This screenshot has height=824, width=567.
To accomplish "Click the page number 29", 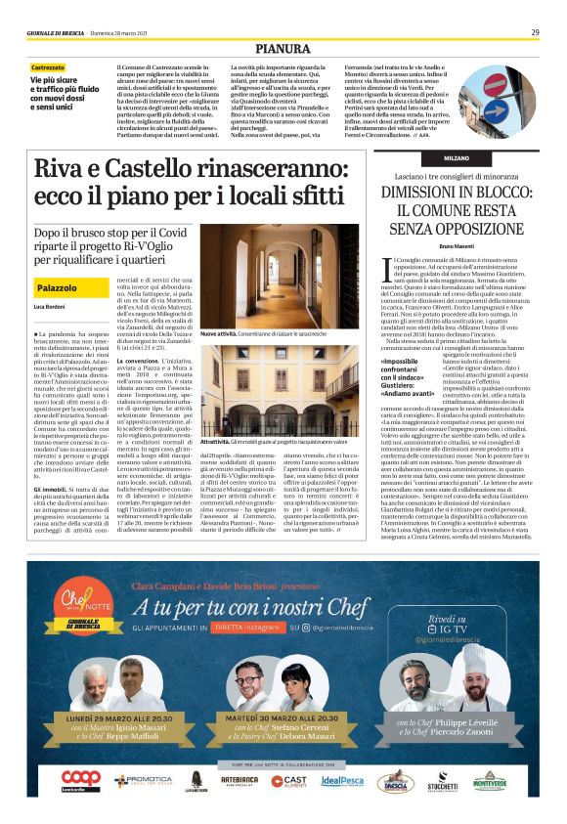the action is tap(535, 32).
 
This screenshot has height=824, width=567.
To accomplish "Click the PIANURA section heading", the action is tap(283, 47).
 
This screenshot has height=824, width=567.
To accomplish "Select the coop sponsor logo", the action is tap(82, 780).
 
